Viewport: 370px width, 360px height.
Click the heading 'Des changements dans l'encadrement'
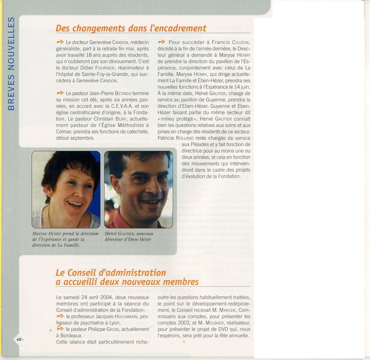click(131, 28)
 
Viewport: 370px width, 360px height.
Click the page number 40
click(19, 339)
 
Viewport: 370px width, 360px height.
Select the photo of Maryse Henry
click(66, 189)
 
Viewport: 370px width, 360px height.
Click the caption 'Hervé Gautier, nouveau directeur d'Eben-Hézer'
click(129, 236)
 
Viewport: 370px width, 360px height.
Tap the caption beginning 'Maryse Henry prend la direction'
click(65, 239)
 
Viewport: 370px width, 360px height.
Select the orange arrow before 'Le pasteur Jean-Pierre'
click(59, 93)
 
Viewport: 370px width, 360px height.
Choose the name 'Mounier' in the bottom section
click(209, 323)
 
